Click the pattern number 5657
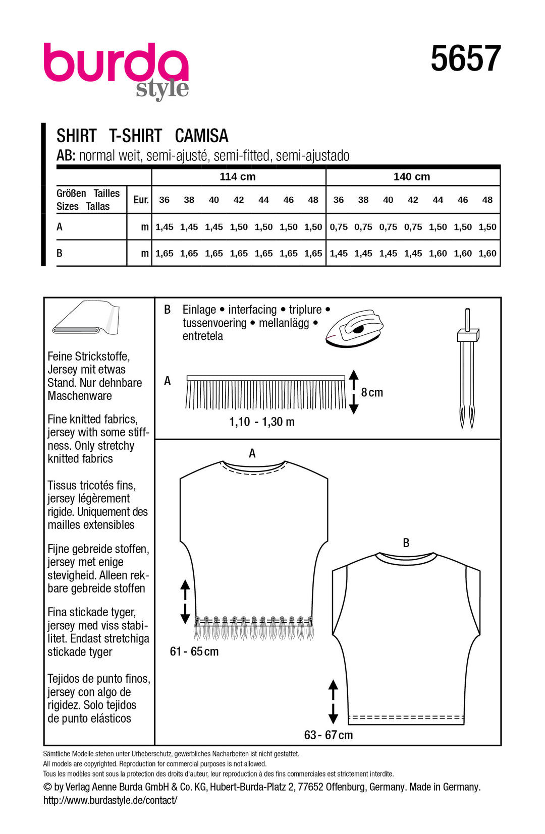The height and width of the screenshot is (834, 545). (x=465, y=58)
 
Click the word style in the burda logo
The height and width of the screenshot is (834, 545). (x=162, y=89)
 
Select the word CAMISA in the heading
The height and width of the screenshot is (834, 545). (x=201, y=136)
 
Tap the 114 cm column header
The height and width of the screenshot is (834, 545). (x=238, y=177)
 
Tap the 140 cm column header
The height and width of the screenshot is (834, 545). (x=412, y=177)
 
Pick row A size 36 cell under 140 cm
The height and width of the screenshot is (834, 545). (x=339, y=227)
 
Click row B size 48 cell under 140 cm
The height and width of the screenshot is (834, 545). (x=487, y=253)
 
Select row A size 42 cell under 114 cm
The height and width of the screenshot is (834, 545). (x=239, y=227)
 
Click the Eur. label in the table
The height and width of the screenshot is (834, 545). (x=141, y=200)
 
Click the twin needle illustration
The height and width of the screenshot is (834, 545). (x=467, y=368)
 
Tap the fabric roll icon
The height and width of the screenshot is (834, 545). (x=86, y=319)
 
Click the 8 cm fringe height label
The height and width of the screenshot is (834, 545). (x=372, y=392)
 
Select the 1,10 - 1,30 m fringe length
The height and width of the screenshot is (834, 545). (x=261, y=422)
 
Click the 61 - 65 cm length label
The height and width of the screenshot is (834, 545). (x=194, y=651)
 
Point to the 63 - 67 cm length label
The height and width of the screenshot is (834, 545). (x=329, y=735)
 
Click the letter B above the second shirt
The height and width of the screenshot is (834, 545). (x=406, y=543)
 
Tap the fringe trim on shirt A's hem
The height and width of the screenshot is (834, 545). (x=254, y=628)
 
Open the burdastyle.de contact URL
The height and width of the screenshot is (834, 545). (x=110, y=800)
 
